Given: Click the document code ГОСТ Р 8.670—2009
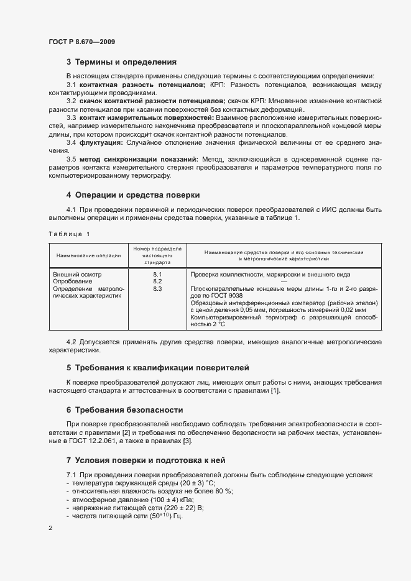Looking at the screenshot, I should click(81, 42).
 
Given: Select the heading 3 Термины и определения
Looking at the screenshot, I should click(121, 62).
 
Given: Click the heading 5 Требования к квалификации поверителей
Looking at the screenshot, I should click(157, 368).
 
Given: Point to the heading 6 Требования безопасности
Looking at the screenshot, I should click(124, 410).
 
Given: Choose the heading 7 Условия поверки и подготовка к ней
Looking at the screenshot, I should click(149, 460).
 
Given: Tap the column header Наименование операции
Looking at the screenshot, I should click(88, 255).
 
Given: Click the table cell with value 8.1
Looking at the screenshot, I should click(157, 274).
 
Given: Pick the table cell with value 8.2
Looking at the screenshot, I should click(157, 281).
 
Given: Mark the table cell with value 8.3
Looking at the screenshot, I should click(157, 289).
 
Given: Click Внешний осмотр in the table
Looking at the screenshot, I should click(77, 274).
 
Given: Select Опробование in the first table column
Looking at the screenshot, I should click(73, 281).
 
